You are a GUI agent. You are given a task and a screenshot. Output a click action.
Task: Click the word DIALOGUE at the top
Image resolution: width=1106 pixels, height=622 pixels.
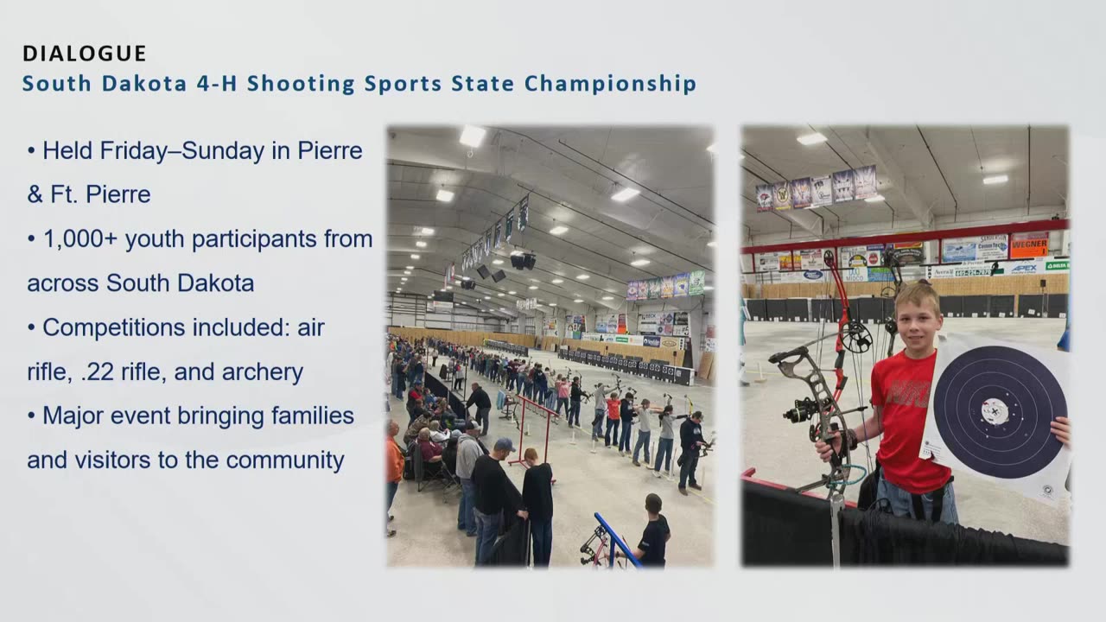tap(85, 54)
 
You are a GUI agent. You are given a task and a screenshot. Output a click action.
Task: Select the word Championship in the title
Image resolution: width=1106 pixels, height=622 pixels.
tap(610, 84)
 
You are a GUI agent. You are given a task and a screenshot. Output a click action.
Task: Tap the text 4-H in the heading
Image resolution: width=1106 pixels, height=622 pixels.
tap(217, 83)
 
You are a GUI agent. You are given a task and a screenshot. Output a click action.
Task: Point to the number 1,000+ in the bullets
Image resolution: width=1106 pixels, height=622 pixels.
tap(80, 239)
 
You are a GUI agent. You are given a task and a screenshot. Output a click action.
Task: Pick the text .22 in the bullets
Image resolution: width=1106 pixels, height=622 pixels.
tap(98, 372)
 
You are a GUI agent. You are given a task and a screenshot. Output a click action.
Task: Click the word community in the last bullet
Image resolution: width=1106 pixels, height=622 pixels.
tap(285, 460)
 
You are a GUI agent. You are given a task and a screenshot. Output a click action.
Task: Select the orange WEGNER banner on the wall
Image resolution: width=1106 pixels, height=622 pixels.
tap(1029, 245)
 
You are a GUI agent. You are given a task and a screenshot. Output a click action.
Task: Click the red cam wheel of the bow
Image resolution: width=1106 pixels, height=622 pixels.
tap(855, 337)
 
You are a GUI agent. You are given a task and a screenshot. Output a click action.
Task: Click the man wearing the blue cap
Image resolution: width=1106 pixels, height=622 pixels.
tap(495, 499)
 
